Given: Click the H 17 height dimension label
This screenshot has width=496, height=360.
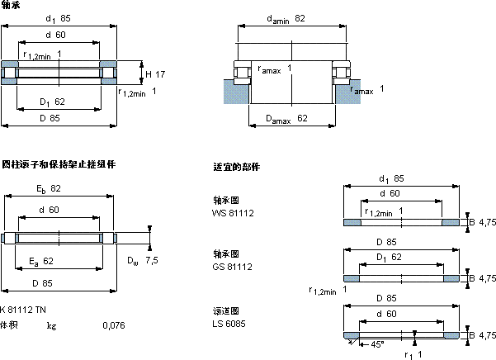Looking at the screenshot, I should pos(154,74).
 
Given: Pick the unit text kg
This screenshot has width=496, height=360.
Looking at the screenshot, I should pos(52,325).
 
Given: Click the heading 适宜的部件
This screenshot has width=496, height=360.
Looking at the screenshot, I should pos(237,168).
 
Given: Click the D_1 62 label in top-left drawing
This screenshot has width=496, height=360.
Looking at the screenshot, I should pos(52,102).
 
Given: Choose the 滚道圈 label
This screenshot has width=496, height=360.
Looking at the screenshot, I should pos(225,311).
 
